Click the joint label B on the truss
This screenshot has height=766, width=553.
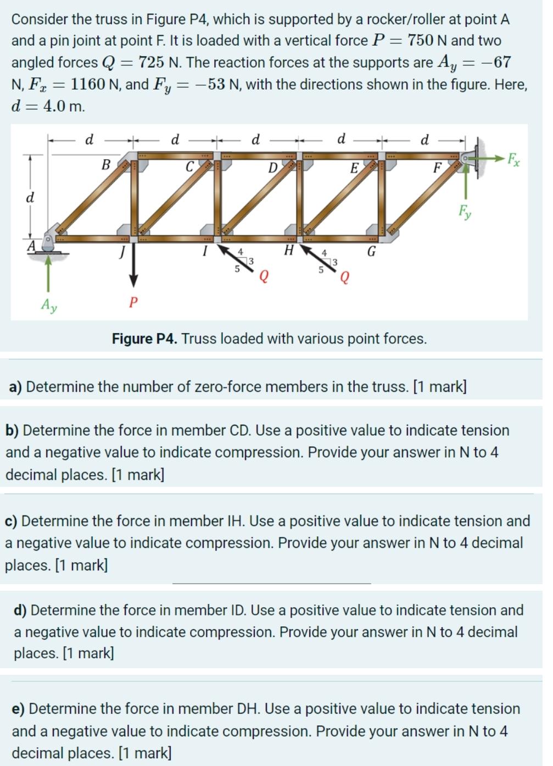point(106,164)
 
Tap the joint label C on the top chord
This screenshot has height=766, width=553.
point(189,166)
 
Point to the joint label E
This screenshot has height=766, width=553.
point(354,168)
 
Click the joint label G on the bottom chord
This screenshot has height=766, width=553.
point(371,252)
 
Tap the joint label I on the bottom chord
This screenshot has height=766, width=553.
point(204,252)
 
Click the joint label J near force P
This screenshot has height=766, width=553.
point(123,252)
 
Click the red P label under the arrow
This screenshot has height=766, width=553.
point(132,302)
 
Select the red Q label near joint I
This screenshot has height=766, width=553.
point(264,276)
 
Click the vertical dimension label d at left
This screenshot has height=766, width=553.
point(31,197)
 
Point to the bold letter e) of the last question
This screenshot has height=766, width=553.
point(19,709)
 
